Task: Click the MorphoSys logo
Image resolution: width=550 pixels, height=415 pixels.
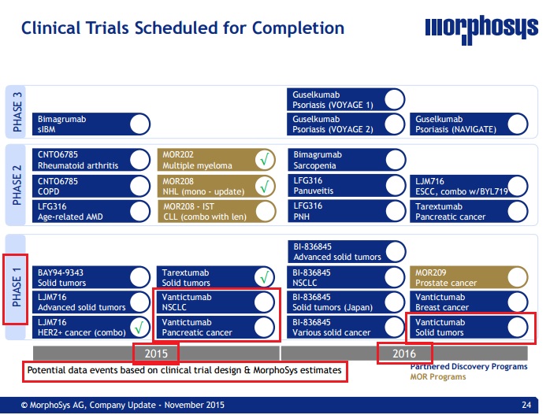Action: point(481,29)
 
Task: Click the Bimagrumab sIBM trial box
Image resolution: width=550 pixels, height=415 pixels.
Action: point(91,124)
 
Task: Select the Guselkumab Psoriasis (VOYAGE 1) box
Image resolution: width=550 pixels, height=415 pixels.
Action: point(346,99)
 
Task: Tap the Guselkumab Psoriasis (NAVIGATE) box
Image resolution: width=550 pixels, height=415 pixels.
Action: point(469,124)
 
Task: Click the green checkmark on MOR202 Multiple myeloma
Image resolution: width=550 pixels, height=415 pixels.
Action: point(265,160)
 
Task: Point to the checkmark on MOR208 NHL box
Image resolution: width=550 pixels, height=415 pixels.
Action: point(265,186)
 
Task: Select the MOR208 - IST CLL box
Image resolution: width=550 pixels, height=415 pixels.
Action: point(217,211)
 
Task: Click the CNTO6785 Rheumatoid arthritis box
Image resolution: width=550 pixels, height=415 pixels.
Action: point(91,160)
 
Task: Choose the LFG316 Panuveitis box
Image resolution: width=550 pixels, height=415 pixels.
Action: point(347,186)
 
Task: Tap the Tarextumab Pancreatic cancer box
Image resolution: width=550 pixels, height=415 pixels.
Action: point(469,211)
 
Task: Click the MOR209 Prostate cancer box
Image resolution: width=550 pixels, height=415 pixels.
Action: point(469,278)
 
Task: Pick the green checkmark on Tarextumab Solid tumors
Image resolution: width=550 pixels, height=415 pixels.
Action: point(265,277)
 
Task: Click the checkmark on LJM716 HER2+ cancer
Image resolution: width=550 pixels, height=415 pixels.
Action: point(139,328)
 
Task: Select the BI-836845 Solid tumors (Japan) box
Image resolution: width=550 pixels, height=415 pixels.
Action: point(346,302)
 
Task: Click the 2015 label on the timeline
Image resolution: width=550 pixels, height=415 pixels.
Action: point(156,354)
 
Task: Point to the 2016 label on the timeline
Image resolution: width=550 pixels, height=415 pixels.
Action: point(404,354)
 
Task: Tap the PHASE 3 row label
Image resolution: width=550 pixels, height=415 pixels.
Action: point(17,112)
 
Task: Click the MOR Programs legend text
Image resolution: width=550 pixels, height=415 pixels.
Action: point(438,376)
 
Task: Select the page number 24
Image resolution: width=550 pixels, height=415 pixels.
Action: point(526,405)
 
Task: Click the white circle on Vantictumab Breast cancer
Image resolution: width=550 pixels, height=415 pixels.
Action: point(518,302)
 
